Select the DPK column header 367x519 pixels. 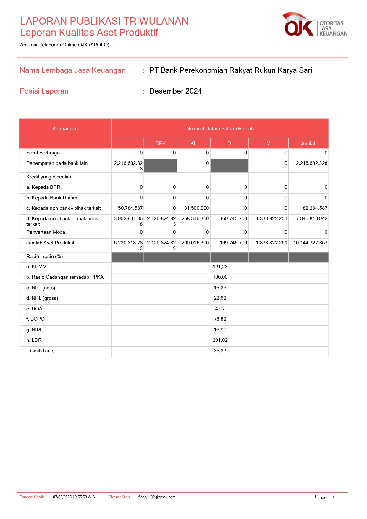click(161, 143)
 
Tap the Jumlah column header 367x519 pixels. click(308, 143)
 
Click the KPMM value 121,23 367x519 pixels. click(220, 267)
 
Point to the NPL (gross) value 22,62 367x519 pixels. click(220, 298)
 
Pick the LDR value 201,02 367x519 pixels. click(220, 340)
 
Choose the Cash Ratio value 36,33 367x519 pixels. click(220, 351)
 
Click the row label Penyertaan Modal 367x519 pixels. click(46, 232)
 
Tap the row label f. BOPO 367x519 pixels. click(35, 319)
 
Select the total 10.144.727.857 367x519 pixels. click(310, 243)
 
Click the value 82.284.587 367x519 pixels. click(315, 208)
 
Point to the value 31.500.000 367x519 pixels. click(196, 208)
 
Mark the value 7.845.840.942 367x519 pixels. click(312, 219)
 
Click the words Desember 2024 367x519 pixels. click(175, 91)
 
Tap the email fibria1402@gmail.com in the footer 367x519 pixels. click(157, 497)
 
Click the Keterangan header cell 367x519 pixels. click(65, 129)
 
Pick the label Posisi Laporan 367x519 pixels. click(44, 91)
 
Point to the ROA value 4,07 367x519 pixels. click(220, 309)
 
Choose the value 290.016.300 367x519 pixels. click(195, 243)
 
